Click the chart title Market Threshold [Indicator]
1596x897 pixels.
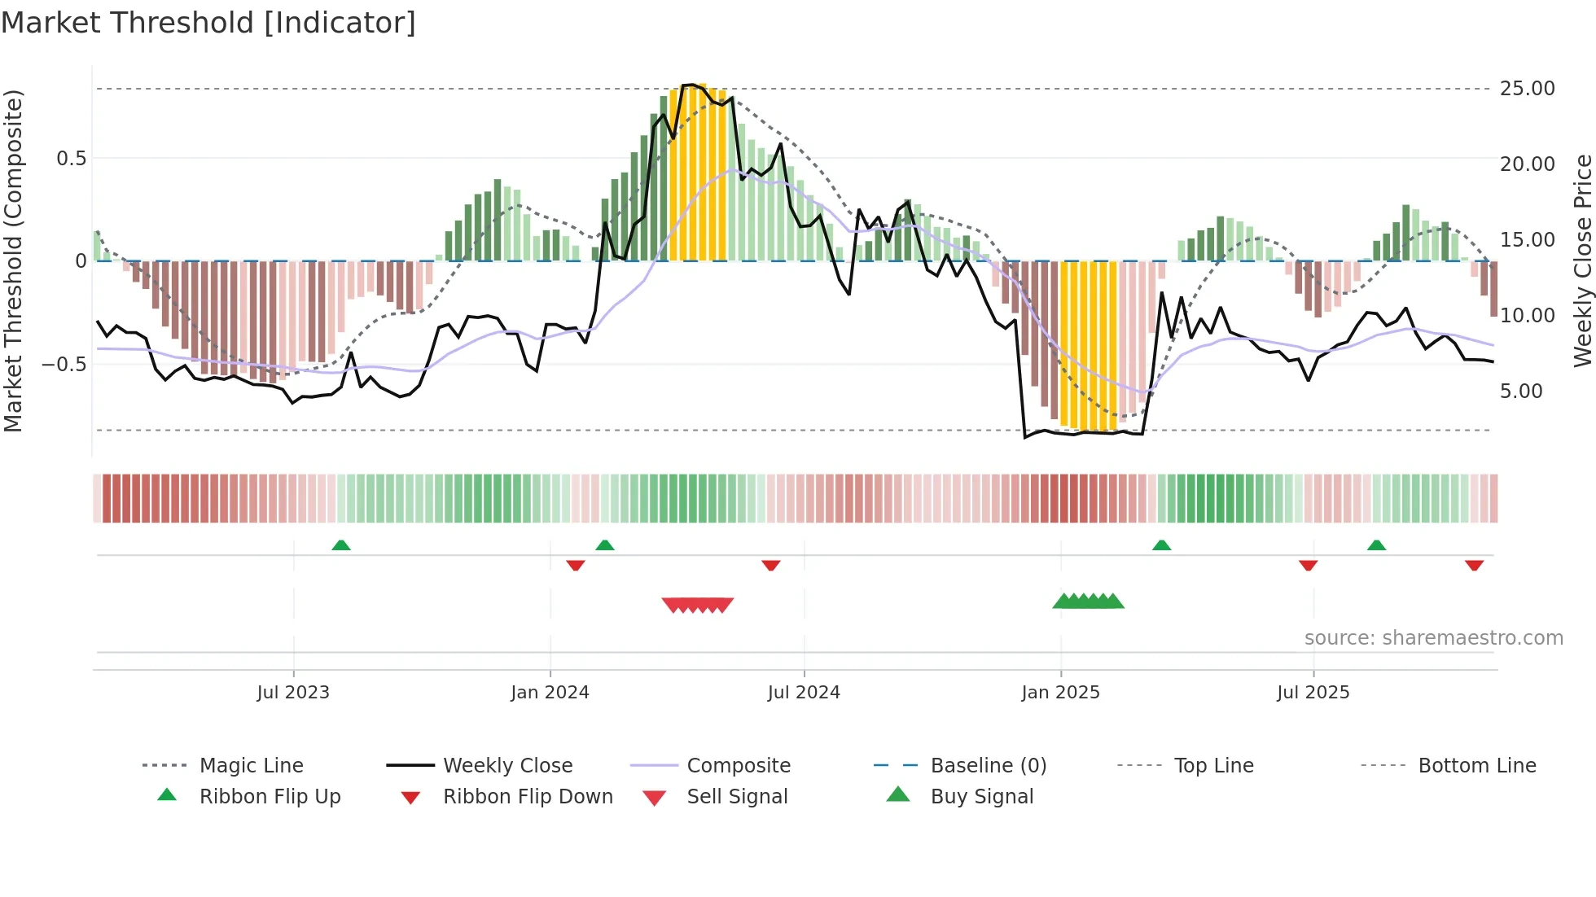coord(208,23)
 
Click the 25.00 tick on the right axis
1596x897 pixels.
coord(1527,88)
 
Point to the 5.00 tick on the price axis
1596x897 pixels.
coord(1521,391)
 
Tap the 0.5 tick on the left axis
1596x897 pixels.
coord(72,158)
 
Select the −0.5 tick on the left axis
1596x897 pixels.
coord(64,364)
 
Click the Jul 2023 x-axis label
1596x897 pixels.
coord(293,693)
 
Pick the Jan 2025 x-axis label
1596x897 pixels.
coord(1060,693)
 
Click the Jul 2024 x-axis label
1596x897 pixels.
coord(804,693)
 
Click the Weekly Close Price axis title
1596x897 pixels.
coord(1582,260)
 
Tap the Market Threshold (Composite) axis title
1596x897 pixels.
coord(13,260)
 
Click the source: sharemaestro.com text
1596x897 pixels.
coord(1433,638)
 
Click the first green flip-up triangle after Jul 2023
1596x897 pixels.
coord(341,545)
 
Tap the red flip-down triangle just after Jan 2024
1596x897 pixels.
coord(576,565)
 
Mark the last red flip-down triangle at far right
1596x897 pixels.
coord(1474,565)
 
